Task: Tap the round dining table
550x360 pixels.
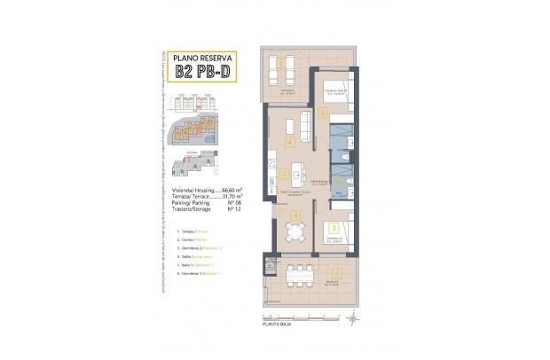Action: pyautogui.click(x=292, y=231)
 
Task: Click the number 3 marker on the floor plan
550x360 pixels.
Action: pyautogui.click(x=334, y=227)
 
